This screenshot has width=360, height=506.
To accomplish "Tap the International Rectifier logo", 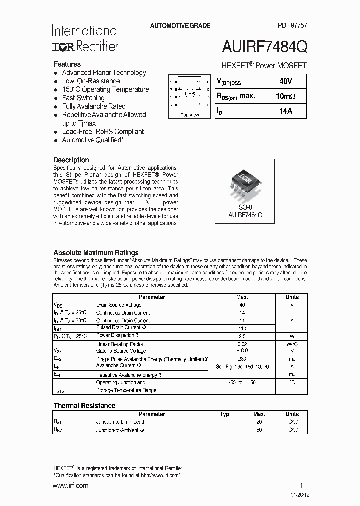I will click(x=85, y=39).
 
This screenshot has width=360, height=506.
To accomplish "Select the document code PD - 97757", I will click(x=292, y=25).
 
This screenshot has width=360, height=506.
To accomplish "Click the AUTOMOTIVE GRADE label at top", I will click(x=180, y=25).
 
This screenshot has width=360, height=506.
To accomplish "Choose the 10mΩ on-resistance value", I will click(x=286, y=96).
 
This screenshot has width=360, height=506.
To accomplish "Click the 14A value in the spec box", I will click(x=286, y=111).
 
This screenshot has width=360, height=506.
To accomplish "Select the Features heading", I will click(x=67, y=64).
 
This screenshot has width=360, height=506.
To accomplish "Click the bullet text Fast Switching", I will click(x=83, y=98).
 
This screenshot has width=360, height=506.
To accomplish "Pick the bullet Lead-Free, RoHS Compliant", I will click(x=102, y=132).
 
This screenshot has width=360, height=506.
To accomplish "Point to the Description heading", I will click(x=71, y=160).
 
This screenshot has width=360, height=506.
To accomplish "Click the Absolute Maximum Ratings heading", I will click(x=96, y=253).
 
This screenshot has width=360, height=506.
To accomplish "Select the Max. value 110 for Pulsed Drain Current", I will click(x=243, y=328).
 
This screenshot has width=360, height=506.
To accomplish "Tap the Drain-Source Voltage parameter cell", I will click(x=119, y=305).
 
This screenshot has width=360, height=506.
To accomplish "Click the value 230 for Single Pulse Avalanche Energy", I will click(x=243, y=359).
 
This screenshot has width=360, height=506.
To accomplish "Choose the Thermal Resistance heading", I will click(x=84, y=406).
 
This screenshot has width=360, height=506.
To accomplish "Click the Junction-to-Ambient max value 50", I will click(x=259, y=430).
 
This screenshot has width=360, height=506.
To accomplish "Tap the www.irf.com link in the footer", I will click(x=70, y=485).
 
